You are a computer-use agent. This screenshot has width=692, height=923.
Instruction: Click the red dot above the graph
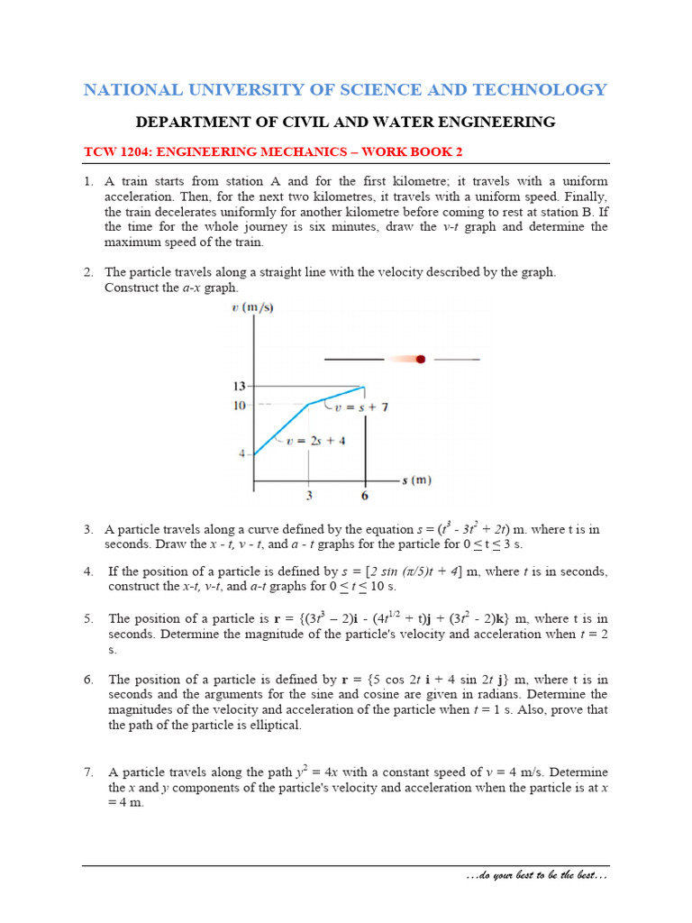click(420, 359)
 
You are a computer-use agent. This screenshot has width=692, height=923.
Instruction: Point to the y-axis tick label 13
click(241, 387)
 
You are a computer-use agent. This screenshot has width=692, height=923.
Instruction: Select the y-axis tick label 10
click(241, 406)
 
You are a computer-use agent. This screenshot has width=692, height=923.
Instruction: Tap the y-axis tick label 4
click(242, 453)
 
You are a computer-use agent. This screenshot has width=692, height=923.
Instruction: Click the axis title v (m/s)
click(252, 307)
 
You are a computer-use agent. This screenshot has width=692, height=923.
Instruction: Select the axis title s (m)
click(416, 480)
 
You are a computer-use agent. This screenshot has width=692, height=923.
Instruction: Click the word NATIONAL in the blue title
click(125, 89)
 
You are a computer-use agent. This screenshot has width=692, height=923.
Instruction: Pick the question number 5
click(88, 618)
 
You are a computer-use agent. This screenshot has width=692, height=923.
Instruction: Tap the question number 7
click(88, 772)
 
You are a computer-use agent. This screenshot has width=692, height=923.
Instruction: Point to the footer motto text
click(536, 876)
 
